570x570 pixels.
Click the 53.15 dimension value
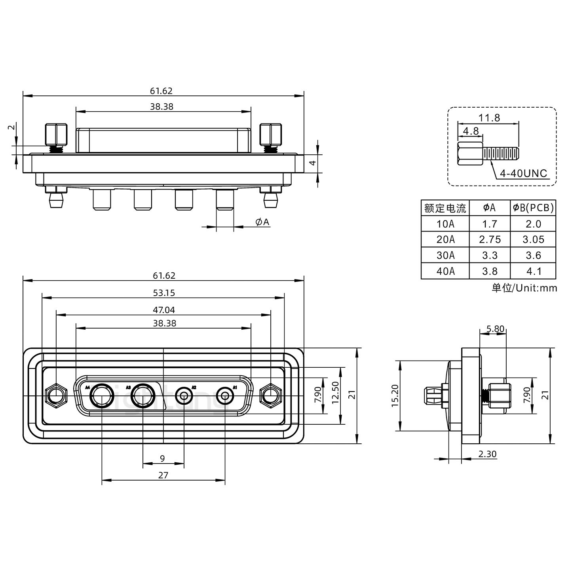click(164, 293)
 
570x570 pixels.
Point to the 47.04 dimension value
click(164, 310)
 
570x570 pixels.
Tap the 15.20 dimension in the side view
click(395, 396)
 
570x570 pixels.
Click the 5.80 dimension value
click(495, 329)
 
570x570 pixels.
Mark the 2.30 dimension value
click(487, 454)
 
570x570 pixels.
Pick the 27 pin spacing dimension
click(163, 475)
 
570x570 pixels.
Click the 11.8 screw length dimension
click(489, 118)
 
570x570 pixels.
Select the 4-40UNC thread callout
click(523, 173)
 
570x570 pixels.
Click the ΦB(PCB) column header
click(533, 208)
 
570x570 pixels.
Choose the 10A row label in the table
click(445, 224)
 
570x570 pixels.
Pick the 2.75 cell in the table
click(490, 239)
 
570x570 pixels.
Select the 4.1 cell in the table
click(533, 271)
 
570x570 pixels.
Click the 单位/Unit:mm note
click(524, 288)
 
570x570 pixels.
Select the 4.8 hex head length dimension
click(470, 131)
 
